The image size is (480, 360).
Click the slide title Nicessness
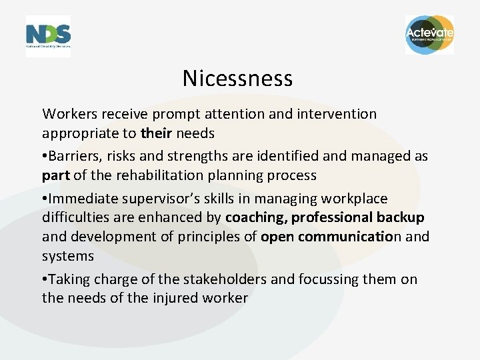click(x=237, y=79)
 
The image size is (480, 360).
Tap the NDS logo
click(x=48, y=35)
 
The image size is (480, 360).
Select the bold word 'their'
click(x=157, y=133)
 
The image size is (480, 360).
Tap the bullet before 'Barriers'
click(x=45, y=157)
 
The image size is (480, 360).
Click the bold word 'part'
click(x=56, y=176)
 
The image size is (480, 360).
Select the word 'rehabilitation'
click(x=163, y=175)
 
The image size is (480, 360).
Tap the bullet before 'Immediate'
click(x=45, y=199)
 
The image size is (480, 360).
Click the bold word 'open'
click(x=276, y=237)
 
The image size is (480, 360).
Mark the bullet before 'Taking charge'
click(x=45, y=280)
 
